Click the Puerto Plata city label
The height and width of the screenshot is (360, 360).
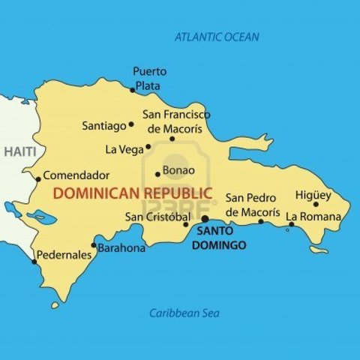click(x=149, y=78)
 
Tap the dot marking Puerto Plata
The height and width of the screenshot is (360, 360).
click(x=133, y=90)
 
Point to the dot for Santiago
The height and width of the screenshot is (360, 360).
click(x=131, y=124)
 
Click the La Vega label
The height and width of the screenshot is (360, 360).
click(x=124, y=149)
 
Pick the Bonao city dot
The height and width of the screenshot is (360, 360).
click(x=157, y=174)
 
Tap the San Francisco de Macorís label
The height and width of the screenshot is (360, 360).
click(x=176, y=121)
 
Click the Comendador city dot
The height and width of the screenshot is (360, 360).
click(x=38, y=178)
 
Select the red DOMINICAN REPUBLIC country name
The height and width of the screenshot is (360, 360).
click(x=133, y=193)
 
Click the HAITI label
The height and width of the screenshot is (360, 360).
click(x=19, y=152)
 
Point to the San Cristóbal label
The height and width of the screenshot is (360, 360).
click(x=157, y=217)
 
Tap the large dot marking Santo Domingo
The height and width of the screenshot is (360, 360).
click(x=205, y=219)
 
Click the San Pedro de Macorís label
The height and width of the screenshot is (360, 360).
click(x=253, y=205)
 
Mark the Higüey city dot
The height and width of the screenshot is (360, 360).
click(x=316, y=204)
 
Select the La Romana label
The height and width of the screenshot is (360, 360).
click(x=313, y=217)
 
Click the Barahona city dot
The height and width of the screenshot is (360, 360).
click(x=94, y=245)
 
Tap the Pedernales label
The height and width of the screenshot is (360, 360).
click(x=64, y=255)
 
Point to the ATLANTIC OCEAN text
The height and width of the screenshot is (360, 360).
click(x=217, y=37)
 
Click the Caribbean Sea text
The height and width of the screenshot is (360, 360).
click(x=178, y=313)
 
